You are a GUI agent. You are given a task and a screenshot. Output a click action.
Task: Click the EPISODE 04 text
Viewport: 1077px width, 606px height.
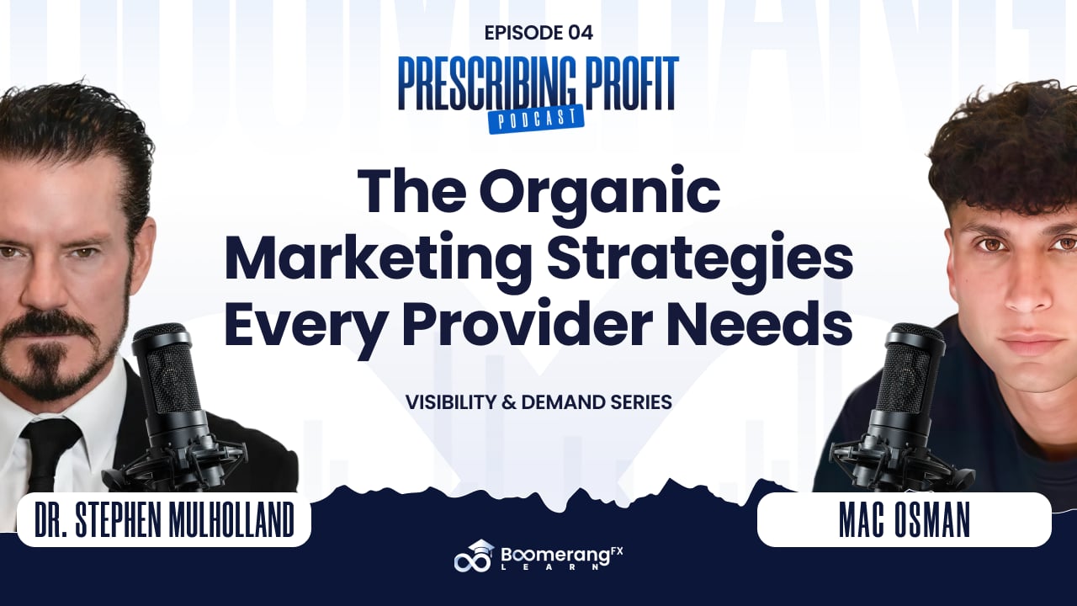click(538, 33)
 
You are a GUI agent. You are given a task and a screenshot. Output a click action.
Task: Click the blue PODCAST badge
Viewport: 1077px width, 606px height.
click(536, 120)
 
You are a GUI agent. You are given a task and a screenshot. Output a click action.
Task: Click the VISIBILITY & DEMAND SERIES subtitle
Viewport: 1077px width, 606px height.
click(538, 402)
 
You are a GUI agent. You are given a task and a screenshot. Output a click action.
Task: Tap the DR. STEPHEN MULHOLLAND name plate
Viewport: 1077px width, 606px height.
click(164, 519)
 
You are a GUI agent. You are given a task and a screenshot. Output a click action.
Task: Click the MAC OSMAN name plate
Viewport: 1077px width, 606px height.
click(904, 519)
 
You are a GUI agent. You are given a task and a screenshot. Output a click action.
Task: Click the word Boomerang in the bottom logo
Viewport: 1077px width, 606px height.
click(555, 557)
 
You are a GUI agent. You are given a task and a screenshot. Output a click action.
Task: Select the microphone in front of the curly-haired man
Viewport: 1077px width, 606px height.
click(904, 409)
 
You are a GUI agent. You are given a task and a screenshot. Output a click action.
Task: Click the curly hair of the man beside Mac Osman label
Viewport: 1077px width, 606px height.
click(1005, 144)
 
